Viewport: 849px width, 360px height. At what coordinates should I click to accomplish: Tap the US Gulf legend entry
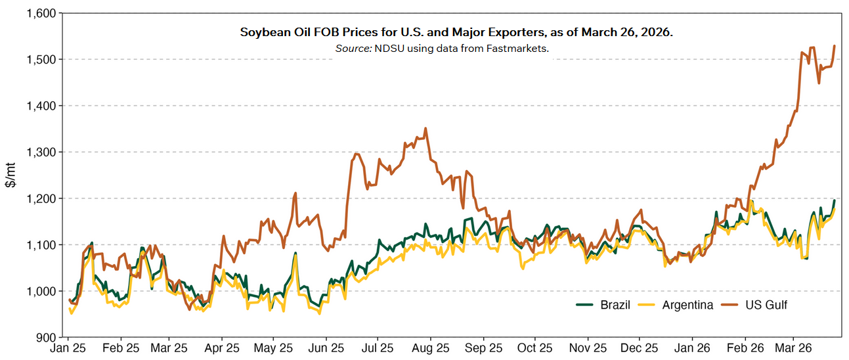click(x=766, y=305)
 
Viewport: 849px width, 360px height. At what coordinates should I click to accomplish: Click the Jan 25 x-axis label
click(x=69, y=348)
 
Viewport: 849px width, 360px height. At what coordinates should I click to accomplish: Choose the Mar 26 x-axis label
click(x=793, y=348)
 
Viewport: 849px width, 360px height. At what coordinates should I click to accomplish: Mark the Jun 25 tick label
click(x=326, y=348)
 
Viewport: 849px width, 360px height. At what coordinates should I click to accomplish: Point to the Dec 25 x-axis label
click(x=640, y=348)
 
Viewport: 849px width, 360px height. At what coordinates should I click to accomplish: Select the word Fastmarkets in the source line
click(x=518, y=48)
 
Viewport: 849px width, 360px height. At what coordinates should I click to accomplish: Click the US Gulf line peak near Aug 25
click(x=425, y=129)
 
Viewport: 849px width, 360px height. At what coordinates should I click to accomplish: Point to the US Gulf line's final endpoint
click(x=835, y=46)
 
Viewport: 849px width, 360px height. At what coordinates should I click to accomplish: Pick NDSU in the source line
click(x=389, y=48)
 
